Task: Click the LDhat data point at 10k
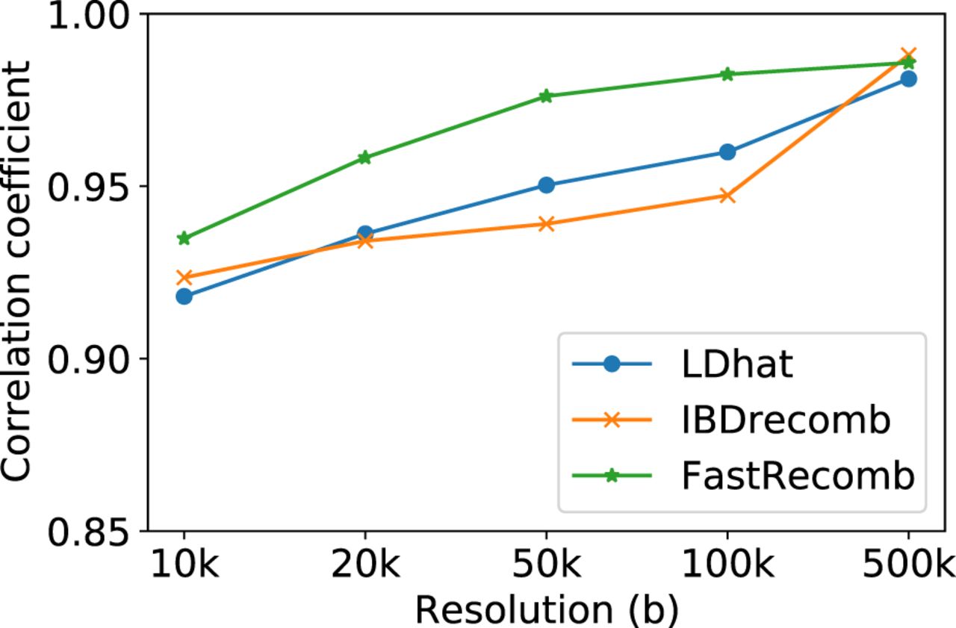click(184, 296)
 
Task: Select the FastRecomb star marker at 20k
click(365, 158)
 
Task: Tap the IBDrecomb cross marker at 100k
click(727, 196)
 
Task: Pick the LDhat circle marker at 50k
click(546, 185)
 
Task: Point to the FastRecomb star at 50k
click(546, 96)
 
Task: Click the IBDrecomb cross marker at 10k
click(184, 278)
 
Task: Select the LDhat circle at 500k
click(908, 79)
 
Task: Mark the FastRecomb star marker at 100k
click(727, 75)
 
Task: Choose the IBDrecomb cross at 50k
click(546, 224)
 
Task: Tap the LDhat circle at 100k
click(727, 152)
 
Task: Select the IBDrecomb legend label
click(786, 420)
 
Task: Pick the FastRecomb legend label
click(797, 475)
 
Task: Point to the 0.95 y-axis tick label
click(87, 187)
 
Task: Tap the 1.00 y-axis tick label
click(87, 15)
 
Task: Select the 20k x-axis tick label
click(365, 568)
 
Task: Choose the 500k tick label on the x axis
click(908, 568)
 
